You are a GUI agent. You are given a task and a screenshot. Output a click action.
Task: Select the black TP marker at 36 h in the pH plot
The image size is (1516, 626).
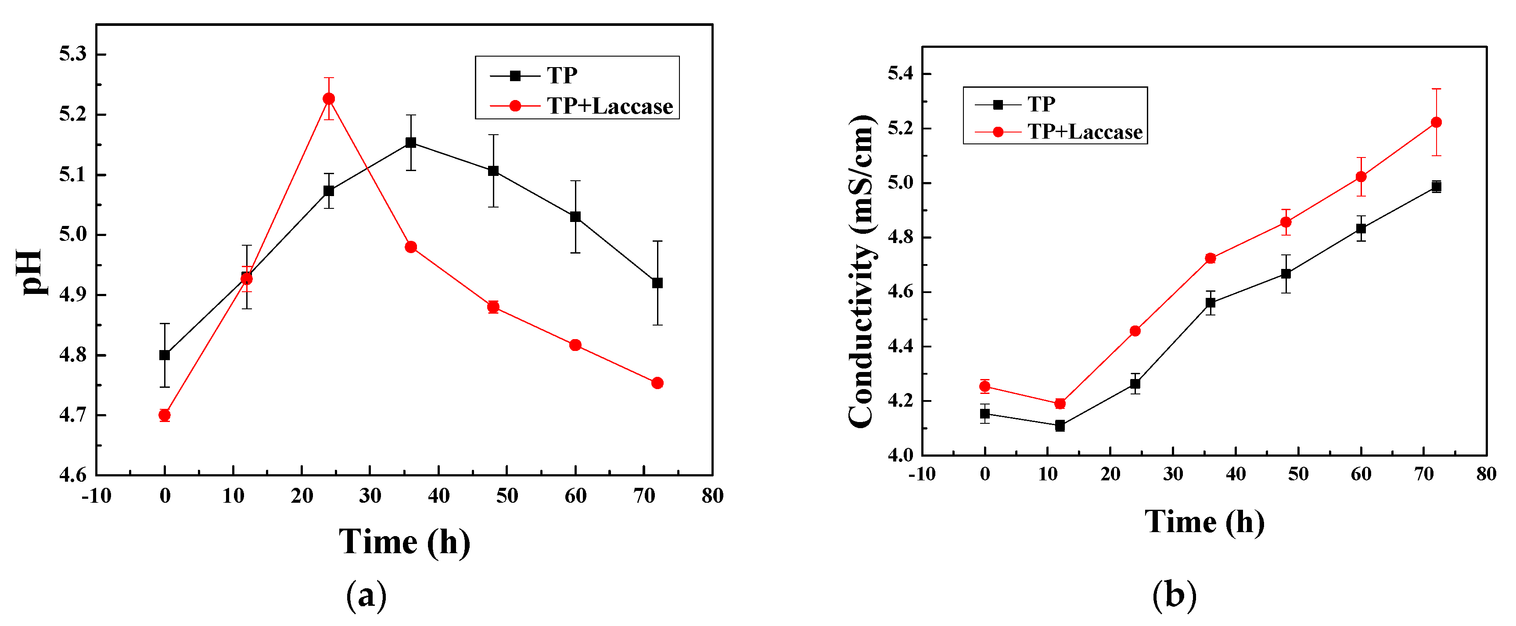[411, 143]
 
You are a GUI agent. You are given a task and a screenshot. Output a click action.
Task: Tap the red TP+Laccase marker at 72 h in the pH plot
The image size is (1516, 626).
[657, 383]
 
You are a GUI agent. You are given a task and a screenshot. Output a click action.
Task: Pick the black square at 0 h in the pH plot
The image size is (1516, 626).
[165, 355]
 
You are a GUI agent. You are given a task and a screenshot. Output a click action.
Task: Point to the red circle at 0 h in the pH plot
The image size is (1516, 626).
[165, 415]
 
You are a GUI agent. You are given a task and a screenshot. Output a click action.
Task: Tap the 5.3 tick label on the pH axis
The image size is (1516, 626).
[72, 54]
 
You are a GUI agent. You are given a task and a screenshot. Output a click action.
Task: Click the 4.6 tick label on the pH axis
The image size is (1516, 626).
[72, 474]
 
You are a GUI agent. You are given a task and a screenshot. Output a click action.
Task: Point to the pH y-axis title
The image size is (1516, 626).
[29, 272]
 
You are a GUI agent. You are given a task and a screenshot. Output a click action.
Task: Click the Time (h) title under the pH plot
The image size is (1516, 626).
[404, 541]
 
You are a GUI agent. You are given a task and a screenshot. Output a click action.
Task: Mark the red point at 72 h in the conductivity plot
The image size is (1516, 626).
[1436, 122]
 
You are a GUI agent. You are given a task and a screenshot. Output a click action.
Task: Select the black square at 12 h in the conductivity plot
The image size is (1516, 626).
[1060, 426]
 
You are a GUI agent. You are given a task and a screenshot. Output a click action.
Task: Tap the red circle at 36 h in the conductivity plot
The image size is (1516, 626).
[1211, 258]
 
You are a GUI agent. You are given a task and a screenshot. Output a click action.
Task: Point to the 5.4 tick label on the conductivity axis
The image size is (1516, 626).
[900, 74]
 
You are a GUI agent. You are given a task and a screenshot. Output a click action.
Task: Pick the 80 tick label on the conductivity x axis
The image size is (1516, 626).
[1486, 474]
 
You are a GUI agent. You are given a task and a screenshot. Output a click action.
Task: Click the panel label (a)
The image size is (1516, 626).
[366, 595]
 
